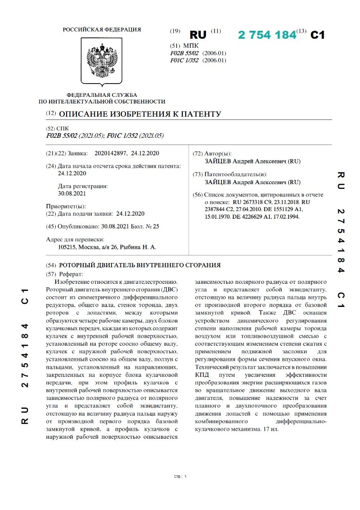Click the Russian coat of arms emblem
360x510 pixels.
(102, 60)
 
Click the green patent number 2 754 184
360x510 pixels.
(267, 35)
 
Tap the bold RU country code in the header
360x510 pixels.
(198, 35)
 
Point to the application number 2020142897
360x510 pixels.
(111, 153)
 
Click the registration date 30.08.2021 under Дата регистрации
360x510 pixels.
(72, 193)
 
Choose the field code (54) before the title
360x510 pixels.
(51, 265)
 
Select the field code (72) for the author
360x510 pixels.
(198, 154)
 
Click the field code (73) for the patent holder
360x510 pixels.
(198, 174)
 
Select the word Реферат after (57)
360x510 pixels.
(71, 274)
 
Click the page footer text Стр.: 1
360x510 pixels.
(180, 476)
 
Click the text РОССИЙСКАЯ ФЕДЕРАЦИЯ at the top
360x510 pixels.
(102, 30)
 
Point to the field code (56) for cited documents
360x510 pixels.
(198, 195)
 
